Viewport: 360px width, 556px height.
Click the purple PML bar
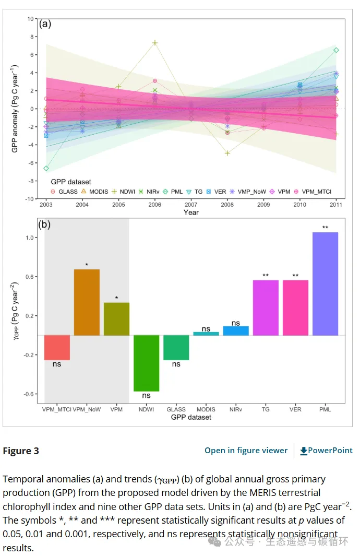(325, 283)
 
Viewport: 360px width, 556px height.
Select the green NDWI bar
(146, 363)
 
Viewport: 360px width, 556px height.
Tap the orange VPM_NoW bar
(87, 302)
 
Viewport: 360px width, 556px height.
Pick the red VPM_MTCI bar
(57, 347)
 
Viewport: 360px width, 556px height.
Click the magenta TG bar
(266, 307)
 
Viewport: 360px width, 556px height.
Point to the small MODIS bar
(206, 333)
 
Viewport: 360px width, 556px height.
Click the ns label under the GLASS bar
(176, 364)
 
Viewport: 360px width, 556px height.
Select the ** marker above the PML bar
(325, 228)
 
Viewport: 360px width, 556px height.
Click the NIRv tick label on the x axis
(236, 410)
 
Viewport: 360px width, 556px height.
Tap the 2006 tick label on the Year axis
(155, 205)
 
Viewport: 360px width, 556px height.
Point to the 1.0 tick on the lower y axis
(29, 238)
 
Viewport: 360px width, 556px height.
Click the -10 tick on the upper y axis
(30, 199)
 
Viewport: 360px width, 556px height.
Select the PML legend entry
(173, 192)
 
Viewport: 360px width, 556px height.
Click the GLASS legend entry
(64, 192)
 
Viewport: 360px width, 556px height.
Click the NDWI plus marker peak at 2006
(155, 43)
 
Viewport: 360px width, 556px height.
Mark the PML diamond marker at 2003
(46, 168)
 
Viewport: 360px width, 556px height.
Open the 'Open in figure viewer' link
(246, 451)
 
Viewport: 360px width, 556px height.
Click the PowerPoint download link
(327, 451)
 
